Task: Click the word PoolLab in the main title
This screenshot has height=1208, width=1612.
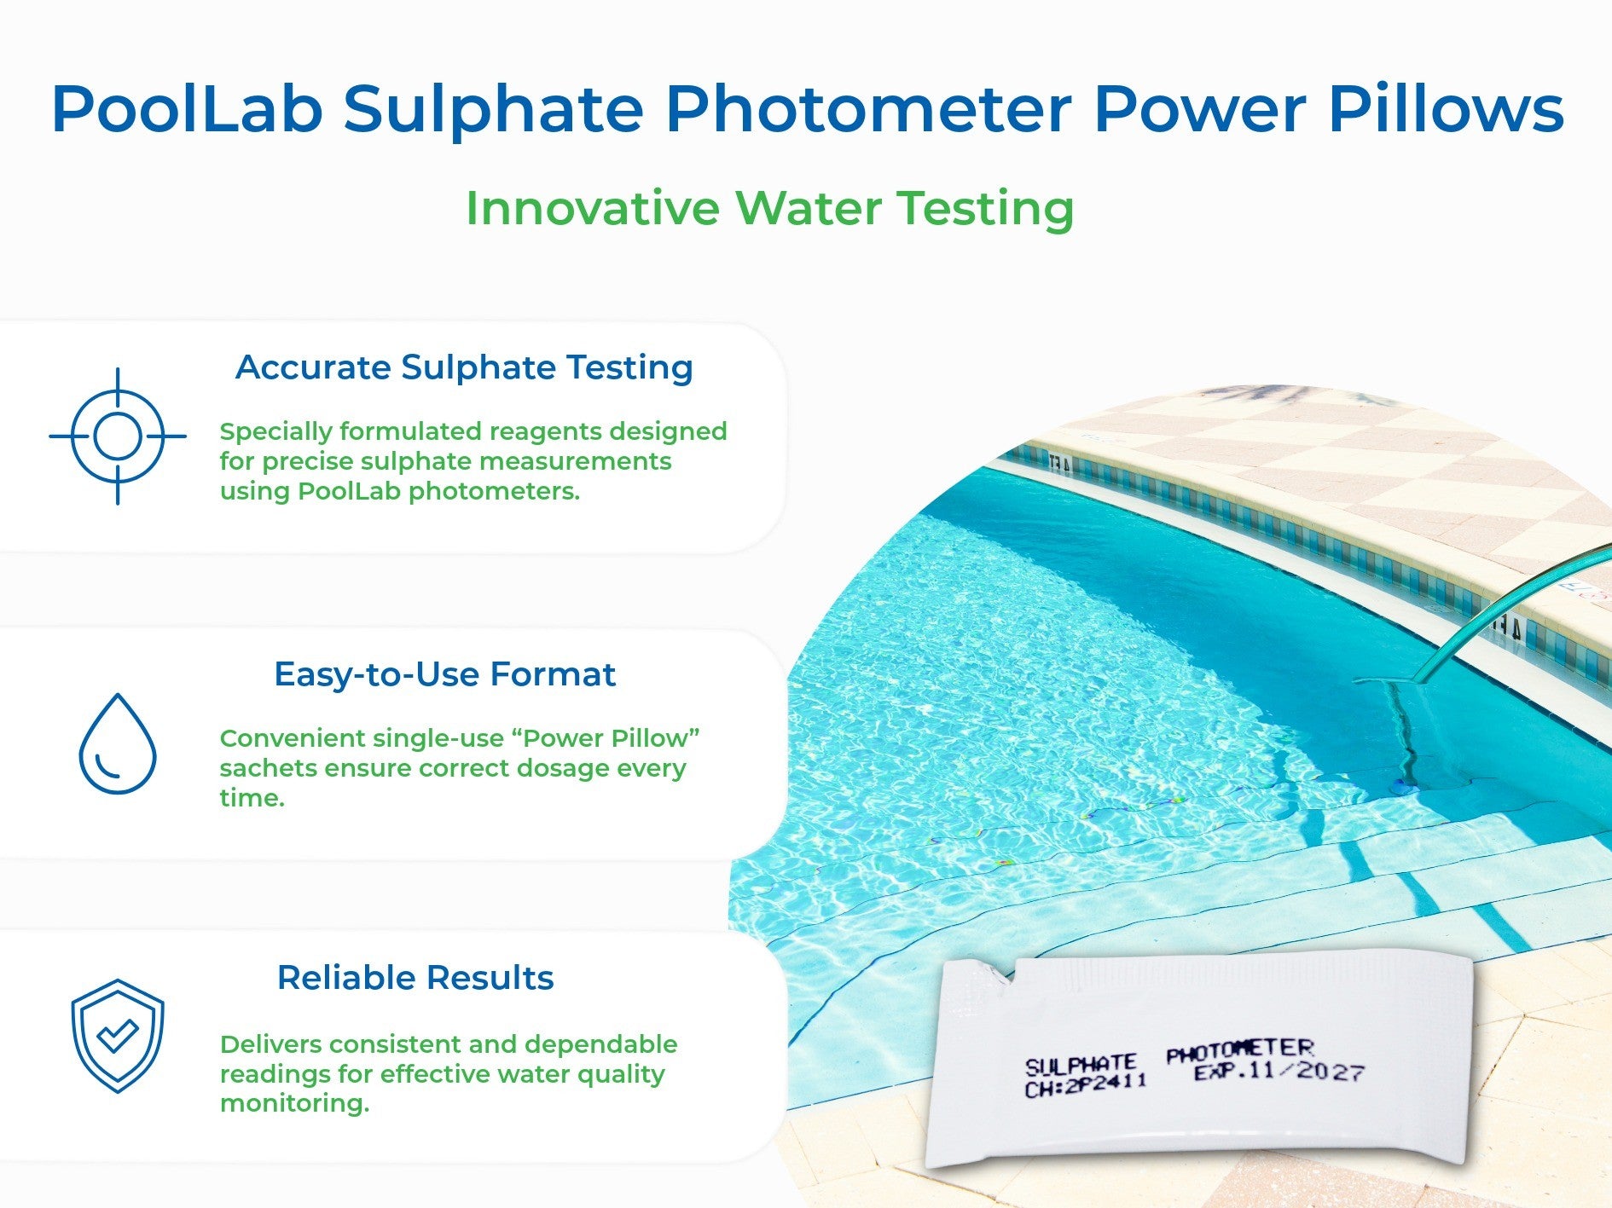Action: (x=187, y=109)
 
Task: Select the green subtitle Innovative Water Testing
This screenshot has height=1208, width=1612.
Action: (x=769, y=208)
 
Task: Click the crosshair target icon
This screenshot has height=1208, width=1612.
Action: (x=118, y=436)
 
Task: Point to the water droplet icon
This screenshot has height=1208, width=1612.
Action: (x=118, y=743)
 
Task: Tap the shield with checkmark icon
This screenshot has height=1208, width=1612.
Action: (x=118, y=1036)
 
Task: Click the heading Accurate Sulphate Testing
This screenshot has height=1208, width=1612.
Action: (x=464, y=367)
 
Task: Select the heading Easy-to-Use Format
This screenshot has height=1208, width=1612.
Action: (x=444, y=674)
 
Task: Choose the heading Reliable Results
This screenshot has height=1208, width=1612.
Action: (x=415, y=978)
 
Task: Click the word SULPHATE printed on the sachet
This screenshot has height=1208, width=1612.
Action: (x=1080, y=1066)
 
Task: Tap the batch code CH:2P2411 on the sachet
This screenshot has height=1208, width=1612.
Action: (x=1085, y=1086)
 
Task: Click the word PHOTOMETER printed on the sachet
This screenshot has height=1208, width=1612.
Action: (x=1239, y=1050)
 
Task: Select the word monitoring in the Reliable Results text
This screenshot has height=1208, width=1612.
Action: (x=294, y=1104)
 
